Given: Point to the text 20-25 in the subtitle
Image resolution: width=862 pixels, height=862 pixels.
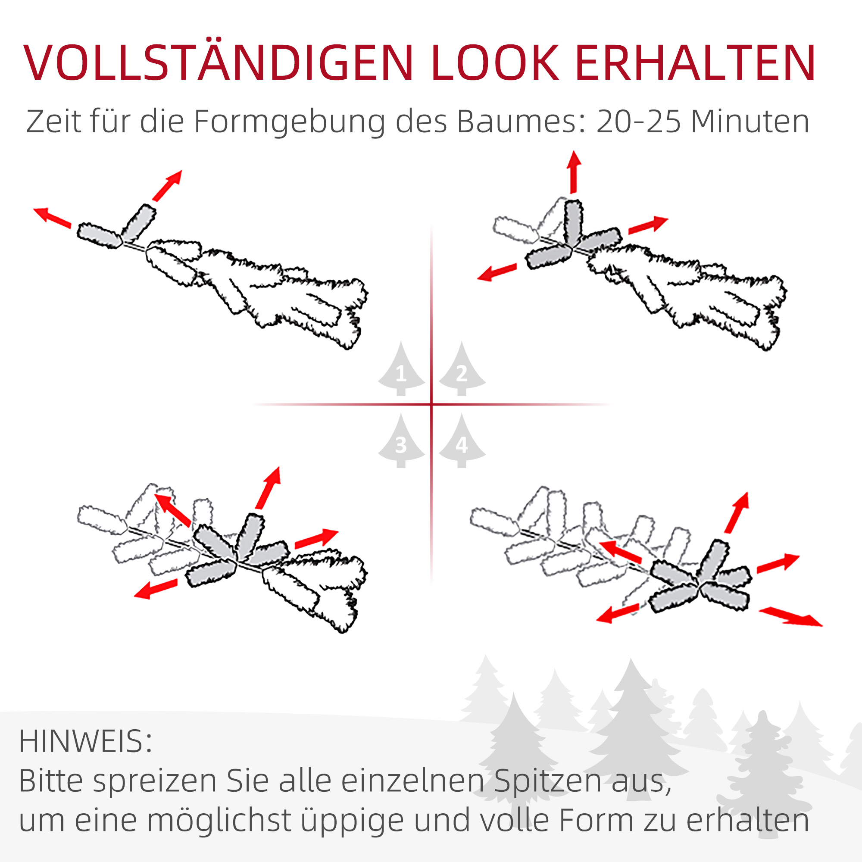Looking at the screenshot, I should coord(638,122).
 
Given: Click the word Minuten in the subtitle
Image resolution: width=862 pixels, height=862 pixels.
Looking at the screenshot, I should coord(750,122).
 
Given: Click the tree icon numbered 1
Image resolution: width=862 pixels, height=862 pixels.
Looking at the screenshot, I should coord(401,370).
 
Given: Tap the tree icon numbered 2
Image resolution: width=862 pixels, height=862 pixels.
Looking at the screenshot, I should coord(462,370).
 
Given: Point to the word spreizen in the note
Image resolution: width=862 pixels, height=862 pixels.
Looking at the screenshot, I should coord(154,782).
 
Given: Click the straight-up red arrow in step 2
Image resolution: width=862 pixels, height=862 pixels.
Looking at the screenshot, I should coord(574,172).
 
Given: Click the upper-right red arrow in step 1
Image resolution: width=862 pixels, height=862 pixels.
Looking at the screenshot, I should coord(167,185).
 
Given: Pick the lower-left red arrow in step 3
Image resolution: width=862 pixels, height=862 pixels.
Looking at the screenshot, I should coord(155,589).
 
